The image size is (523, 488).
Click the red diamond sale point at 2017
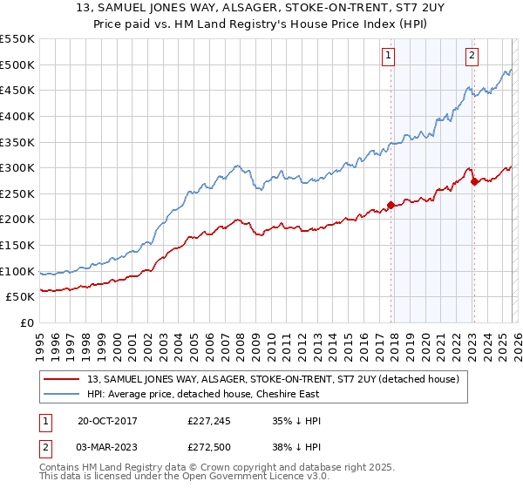[391, 206]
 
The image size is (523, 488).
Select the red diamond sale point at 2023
[474, 182]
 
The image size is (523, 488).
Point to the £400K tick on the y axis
[17, 116]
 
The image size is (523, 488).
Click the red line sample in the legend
[61, 378]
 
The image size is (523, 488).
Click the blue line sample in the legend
[61, 394]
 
